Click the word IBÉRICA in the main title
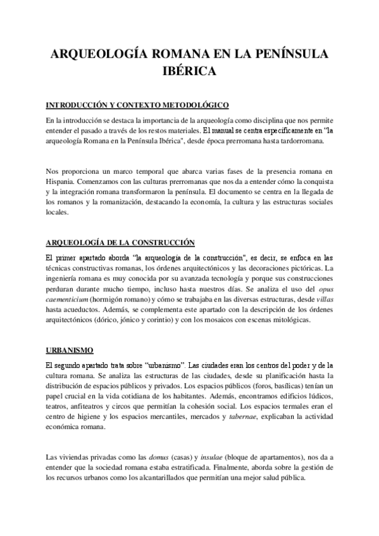coord(189,71)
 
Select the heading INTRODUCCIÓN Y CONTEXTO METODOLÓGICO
coord(137,104)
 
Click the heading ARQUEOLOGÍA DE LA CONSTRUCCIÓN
coord(120,243)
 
